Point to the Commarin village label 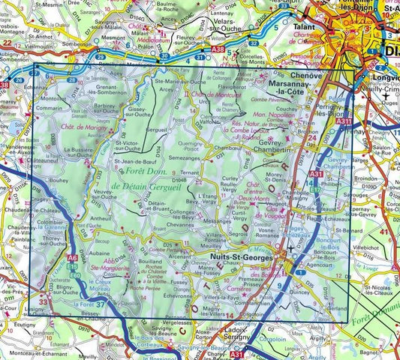click(x=49, y=108)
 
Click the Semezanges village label click(x=184, y=158)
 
